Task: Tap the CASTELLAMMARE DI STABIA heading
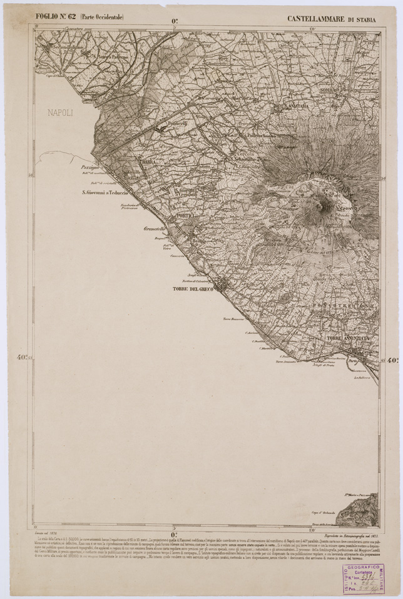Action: coord(332,19)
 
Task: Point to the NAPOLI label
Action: coord(60,113)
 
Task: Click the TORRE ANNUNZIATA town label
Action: coord(348,338)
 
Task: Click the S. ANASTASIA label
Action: coord(292,106)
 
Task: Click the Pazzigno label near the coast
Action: coord(91,169)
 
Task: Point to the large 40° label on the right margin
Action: coord(394,360)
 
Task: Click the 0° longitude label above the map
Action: coord(175,21)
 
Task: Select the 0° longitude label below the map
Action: coord(175,534)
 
